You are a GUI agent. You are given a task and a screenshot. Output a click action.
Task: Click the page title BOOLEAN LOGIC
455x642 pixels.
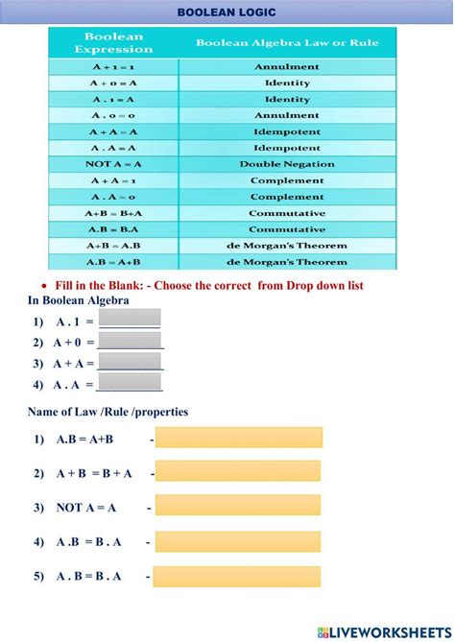coord(227,12)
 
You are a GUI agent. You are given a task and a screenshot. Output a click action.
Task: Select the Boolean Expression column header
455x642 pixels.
coord(114,43)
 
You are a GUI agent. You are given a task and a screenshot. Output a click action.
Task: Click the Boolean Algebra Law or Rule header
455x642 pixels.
coord(287,43)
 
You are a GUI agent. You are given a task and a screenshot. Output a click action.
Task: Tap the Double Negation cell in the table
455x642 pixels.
coord(287,164)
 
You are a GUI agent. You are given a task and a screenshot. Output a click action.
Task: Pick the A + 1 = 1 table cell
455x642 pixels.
coord(114,67)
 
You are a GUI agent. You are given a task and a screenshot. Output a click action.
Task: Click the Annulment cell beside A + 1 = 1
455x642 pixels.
coord(287,67)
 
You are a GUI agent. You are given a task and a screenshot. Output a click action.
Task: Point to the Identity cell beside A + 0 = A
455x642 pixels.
coord(287,83)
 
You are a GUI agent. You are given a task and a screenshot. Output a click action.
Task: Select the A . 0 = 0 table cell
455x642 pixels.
coord(114,116)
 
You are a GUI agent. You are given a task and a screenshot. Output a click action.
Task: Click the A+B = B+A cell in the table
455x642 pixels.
coord(114,213)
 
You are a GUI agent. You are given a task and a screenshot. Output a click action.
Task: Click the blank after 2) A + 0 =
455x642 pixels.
coord(131,341)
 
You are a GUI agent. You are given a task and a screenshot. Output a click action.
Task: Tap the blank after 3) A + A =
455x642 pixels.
coord(131,363)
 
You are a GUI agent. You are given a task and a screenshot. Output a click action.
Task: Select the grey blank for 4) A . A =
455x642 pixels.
coord(130,383)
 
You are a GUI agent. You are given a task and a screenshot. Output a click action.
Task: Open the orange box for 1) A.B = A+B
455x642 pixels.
coord(238,438)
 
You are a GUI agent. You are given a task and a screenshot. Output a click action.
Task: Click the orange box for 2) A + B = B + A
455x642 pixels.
coord(238,472)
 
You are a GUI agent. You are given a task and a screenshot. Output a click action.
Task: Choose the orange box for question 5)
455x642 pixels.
coord(238,577)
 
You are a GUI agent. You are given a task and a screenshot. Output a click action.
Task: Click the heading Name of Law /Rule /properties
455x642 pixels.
coord(108,412)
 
